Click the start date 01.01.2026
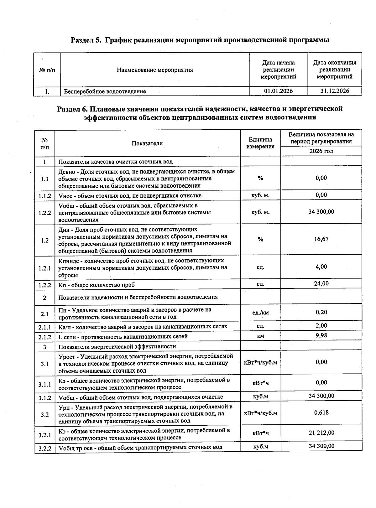pos(278,91)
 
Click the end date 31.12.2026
pos(334,91)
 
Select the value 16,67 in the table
pos(321,239)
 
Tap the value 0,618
pos(321,412)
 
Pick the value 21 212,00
pos(321,433)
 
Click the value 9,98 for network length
pos(321,336)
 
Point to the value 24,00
pos(321,284)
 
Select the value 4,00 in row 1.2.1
pos(321,267)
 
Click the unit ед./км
pos(260,313)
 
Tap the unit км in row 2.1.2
pos(260,336)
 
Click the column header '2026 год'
pos(321,151)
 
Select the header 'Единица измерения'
pos(260,143)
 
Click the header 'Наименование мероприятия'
pos(155,70)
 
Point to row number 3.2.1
pos(44,435)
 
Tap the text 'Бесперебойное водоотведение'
pos(105,91)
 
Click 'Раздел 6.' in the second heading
pos(72,109)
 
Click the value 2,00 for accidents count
pos(321,326)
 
